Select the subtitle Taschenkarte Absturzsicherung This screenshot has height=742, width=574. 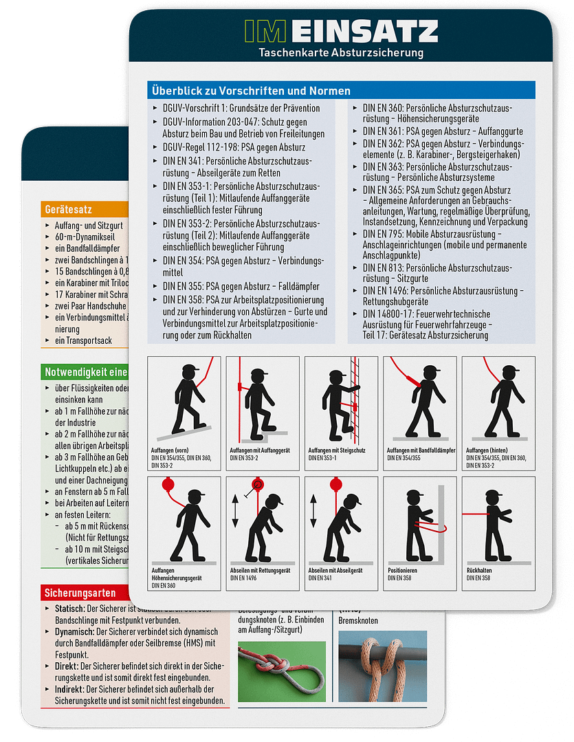tap(340, 52)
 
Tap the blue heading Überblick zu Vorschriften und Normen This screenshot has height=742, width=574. tap(251, 91)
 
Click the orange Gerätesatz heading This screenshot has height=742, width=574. tap(69, 209)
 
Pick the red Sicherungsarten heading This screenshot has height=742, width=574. tap(80, 592)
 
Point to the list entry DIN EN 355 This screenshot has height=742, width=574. tap(241, 286)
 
